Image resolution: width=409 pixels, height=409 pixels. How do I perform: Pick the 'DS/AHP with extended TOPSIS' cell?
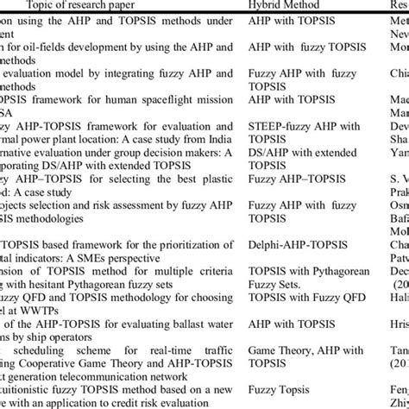click(289, 159)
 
